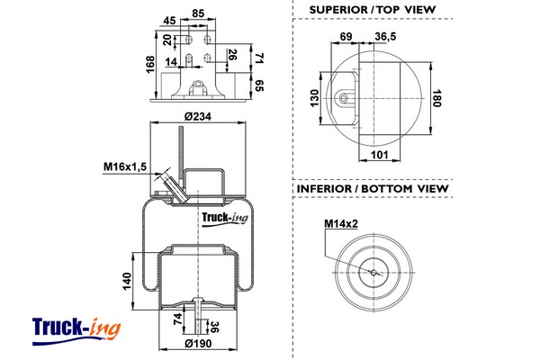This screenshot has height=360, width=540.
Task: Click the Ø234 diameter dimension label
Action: (196, 116)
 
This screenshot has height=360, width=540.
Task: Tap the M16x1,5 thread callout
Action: (124, 166)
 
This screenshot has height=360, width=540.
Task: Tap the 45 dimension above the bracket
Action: (170, 22)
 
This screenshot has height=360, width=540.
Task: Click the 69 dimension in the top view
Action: (346, 35)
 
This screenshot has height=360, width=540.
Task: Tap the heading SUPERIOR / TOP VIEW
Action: (372, 9)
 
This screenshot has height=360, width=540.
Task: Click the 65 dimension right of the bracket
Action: (260, 85)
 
